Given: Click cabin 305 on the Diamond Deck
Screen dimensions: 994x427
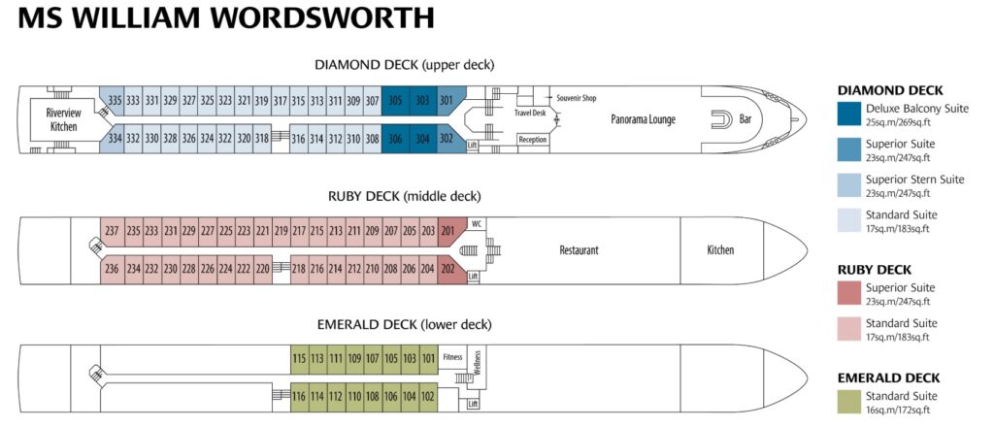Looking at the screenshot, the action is click(x=395, y=100).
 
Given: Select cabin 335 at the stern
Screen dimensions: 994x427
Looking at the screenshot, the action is click(x=114, y=100).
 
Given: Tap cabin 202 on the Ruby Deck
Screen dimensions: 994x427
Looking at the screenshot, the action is click(x=447, y=268).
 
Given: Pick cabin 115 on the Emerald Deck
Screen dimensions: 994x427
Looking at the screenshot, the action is click(x=299, y=358).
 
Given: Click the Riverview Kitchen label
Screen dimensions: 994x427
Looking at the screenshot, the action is click(x=63, y=119).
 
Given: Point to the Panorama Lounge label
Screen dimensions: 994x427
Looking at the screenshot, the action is click(x=644, y=119).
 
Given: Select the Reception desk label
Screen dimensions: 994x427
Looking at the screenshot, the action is click(x=533, y=140).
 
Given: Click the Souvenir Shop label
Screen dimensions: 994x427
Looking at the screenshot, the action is click(x=577, y=98).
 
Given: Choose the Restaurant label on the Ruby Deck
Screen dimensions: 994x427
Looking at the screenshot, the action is click(x=579, y=250).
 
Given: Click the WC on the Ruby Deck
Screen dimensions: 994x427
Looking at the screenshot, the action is click(x=477, y=223).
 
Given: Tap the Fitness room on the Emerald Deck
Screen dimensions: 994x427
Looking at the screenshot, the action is click(x=452, y=357).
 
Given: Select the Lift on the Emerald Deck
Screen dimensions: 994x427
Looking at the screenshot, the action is click(x=473, y=404).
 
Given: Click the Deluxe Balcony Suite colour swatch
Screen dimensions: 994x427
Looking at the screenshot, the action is click(x=849, y=115).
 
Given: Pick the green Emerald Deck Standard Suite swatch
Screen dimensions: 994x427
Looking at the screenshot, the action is click(x=849, y=402).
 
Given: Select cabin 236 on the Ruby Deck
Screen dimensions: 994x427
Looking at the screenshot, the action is click(x=112, y=269).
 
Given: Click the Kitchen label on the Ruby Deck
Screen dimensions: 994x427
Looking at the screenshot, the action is click(x=721, y=250).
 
